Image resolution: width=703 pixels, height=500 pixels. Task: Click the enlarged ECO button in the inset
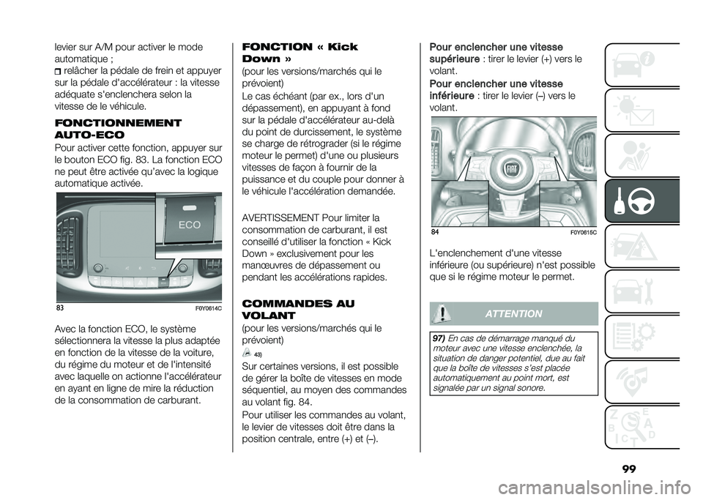click(188, 225)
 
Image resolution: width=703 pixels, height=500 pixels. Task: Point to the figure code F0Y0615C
click(582, 233)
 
